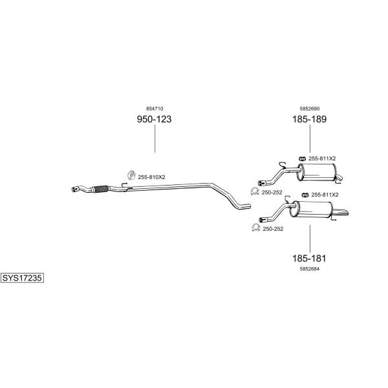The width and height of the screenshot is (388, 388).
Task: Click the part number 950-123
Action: coord(154,119)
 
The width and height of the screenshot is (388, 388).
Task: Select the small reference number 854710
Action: coord(155,109)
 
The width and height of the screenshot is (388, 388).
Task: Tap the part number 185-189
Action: coord(309,119)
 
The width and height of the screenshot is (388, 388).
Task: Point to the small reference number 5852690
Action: coord(310,109)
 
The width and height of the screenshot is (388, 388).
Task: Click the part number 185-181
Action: coord(309,258)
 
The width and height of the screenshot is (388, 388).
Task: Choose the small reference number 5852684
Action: coord(310,269)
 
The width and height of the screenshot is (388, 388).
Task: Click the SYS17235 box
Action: coord(22,278)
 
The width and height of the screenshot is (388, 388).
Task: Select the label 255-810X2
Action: coord(151,177)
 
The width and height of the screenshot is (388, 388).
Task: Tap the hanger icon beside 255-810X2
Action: coord(131,175)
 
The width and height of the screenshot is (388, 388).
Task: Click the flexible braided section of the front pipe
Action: coord(100,189)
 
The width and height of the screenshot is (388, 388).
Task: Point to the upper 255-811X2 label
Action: coord(322,158)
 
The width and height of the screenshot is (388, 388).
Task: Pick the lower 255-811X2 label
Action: coord(325,195)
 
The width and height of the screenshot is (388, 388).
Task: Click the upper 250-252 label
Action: coord(272,193)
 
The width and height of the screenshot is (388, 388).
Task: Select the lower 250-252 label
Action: coord(273,229)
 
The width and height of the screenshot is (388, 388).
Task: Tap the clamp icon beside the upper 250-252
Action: coord(255,191)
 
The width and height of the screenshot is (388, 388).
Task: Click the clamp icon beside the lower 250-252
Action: coord(255,228)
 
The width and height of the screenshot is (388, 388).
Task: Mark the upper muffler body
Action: coord(317,172)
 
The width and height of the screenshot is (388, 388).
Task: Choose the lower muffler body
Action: coord(311,210)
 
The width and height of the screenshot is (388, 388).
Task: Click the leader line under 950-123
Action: coord(155,138)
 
